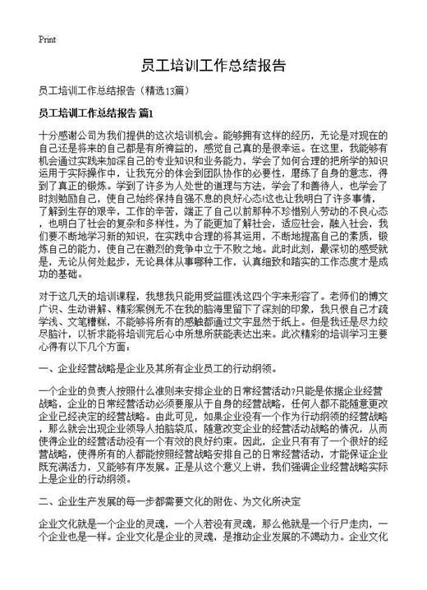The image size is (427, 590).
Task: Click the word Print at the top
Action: [47, 39]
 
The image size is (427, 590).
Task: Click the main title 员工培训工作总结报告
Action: [213, 66]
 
